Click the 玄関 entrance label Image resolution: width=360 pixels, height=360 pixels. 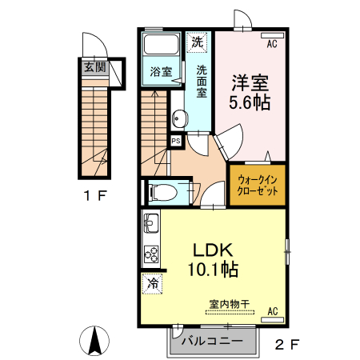(94, 67)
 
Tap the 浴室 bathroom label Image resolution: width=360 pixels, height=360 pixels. (161, 72)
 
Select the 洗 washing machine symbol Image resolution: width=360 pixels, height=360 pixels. (197, 40)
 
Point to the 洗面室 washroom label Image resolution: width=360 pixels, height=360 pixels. (202, 81)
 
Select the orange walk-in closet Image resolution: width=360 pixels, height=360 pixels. (258, 186)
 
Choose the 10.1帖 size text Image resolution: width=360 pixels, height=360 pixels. (213, 269)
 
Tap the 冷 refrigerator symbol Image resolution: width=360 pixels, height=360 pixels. (151, 282)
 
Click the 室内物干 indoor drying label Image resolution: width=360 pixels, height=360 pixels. (230, 303)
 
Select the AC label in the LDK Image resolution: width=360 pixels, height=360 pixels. (272, 310)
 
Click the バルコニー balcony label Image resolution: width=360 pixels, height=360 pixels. (210, 342)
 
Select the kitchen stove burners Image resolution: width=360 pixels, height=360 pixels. (151, 254)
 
